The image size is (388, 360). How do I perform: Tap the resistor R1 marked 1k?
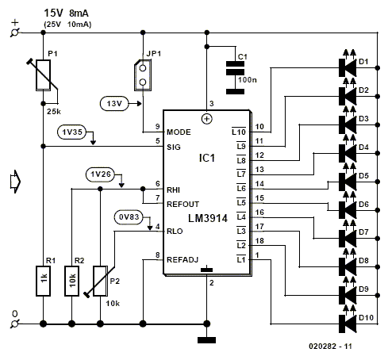43,281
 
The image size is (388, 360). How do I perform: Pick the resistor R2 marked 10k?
71,281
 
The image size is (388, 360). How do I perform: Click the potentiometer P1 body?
43,75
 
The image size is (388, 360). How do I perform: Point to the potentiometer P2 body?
100,281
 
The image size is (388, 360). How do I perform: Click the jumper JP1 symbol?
143,75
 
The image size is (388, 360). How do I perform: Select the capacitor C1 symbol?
235,78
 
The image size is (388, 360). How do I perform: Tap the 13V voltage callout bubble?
114,104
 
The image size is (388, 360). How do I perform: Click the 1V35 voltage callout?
72,132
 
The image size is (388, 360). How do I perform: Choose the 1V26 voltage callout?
100,174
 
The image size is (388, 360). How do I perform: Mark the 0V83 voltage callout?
129,217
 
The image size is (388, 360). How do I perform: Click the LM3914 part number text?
208,219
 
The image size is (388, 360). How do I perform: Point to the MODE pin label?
179,132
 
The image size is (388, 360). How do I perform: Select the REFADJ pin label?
182,260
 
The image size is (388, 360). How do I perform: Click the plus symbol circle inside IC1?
207,119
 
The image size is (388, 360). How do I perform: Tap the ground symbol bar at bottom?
206,340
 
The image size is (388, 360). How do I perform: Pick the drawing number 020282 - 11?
330,347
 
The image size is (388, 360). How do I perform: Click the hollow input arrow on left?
15,182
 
